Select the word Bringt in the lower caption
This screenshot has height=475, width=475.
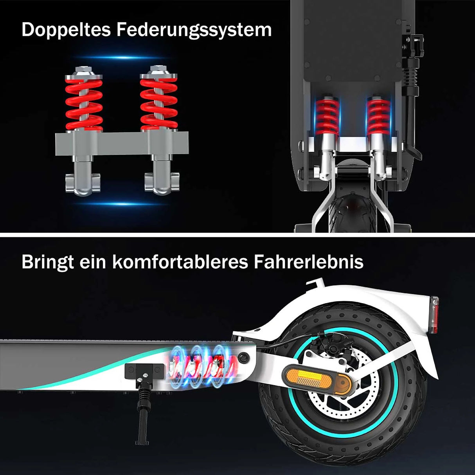click(x=48, y=263)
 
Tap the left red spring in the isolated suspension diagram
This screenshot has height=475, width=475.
click(x=84, y=104)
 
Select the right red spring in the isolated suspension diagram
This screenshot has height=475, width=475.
click(x=159, y=104)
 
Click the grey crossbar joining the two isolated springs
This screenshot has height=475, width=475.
click(x=122, y=144)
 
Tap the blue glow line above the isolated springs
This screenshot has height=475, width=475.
click(x=121, y=58)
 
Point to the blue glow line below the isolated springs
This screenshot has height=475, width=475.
click(x=121, y=204)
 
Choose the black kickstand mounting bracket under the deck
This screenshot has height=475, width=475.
click(x=144, y=371)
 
